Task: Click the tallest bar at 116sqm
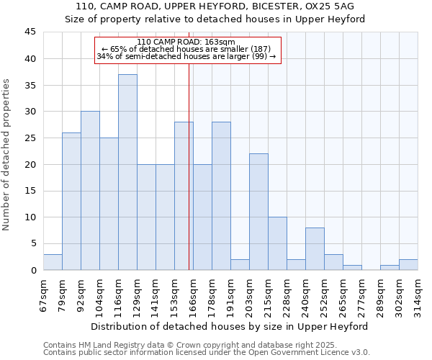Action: (x=127, y=172)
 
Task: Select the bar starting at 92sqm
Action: (x=90, y=191)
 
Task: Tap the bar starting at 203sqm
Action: (x=258, y=212)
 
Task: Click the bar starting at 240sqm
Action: (x=315, y=249)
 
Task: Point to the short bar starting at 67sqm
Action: (x=53, y=262)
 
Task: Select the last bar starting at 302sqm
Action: (x=408, y=265)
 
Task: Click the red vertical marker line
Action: (x=189, y=180)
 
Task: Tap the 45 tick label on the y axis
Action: (x=30, y=32)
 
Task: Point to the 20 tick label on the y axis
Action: (x=30, y=164)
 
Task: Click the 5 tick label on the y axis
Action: (x=33, y=243)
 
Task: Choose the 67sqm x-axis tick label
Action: (x=44, y=296)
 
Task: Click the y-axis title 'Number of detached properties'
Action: (x=7, y=155)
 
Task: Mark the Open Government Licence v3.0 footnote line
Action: (x=207, y=353)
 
